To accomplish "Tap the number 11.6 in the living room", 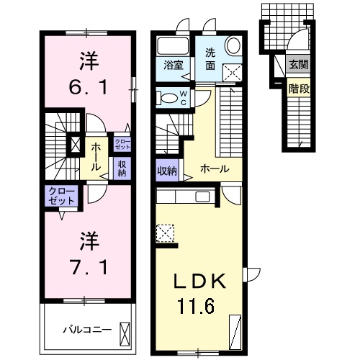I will [x=197, y=307].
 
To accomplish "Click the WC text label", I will [x=183, y=96].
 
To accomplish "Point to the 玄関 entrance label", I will [x=297, y=64].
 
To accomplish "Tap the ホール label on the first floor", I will [x=215, y=170].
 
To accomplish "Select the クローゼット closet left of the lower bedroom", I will [x=61, y=196].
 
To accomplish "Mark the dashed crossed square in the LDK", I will [x=165, y=233].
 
